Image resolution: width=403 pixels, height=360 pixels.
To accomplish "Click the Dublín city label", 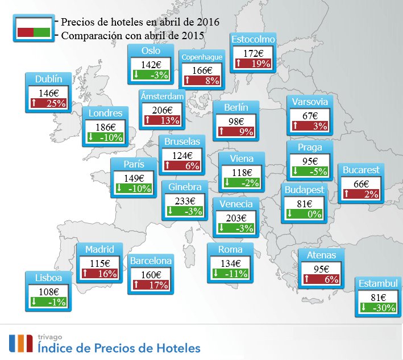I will coord(48,79).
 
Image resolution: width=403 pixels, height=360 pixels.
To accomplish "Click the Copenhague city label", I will coord(202,57).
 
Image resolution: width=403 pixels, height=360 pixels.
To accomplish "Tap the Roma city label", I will coord(230,250).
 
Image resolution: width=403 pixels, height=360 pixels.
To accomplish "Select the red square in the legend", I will coord(26,32).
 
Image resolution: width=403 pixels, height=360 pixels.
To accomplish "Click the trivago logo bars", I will coord(19,343).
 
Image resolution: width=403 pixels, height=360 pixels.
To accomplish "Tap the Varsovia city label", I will coord(310,102).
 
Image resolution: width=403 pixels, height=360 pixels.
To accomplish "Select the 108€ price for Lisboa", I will coord(48,291).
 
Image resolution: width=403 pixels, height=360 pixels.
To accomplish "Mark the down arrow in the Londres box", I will coord(91,137).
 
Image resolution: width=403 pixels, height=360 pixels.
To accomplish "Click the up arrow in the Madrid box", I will coord(85,274).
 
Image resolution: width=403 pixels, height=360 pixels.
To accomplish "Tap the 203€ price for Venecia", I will coord(235,217).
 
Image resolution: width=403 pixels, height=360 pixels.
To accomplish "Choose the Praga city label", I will coord(310,148).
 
